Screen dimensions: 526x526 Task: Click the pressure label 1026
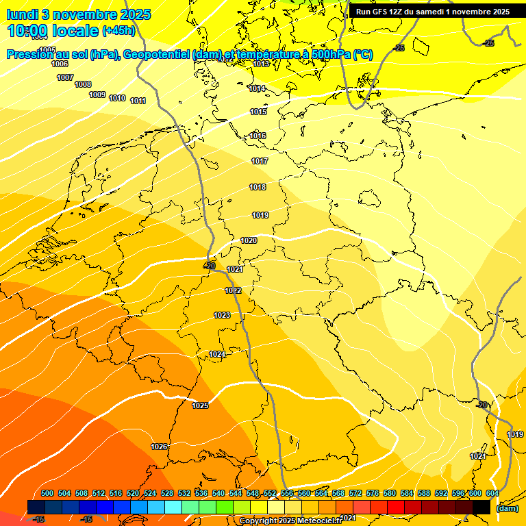[x=158, y=447]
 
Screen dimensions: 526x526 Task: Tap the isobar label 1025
[x=200, y=406]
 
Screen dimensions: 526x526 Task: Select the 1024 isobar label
[x=217, y=354]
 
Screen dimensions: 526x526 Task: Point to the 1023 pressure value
[x=221, y=315]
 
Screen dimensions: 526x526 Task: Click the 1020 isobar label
[x=249, y=240]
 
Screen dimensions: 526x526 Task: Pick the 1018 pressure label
[x=258, y=187]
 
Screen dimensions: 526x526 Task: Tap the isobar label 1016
[x=258, y=136]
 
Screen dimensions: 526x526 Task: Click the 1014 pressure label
[x=258, y=88]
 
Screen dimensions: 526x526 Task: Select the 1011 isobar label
[x=138, y=101]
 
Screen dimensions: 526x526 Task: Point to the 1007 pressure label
[x=65, y=77]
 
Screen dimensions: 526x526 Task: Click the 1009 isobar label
[x=97, y=95]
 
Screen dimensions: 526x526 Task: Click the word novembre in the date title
[x=84, y=14]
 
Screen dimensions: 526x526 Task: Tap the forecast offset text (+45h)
[x=118, y=30]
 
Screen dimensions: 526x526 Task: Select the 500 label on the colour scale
[x=47, y=493]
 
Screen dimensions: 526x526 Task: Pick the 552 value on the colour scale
[x=269, y=493]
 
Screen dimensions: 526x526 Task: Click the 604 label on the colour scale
[x=492, y=493]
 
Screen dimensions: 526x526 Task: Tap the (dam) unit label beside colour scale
[x=507, y=508]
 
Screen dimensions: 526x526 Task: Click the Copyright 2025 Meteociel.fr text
[x=291, y=521]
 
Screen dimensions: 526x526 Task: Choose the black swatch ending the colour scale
[x=481, y=507]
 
